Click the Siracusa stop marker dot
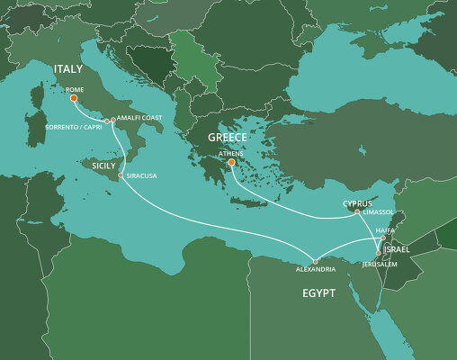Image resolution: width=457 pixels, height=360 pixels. pyautogui.click(x=121, y=175)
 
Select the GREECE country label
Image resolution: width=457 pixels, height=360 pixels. pyautogui.click(x=227, y=138)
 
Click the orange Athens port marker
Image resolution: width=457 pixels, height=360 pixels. pyautogui.click(x=231, y=163)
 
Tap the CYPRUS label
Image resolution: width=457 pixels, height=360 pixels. pyautogui.click(x=358, y=203)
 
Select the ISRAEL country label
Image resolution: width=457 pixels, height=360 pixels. pyautogui.click(x=397, y=247)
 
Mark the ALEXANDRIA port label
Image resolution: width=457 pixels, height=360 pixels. pyautogui.click(x=316, y=269)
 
